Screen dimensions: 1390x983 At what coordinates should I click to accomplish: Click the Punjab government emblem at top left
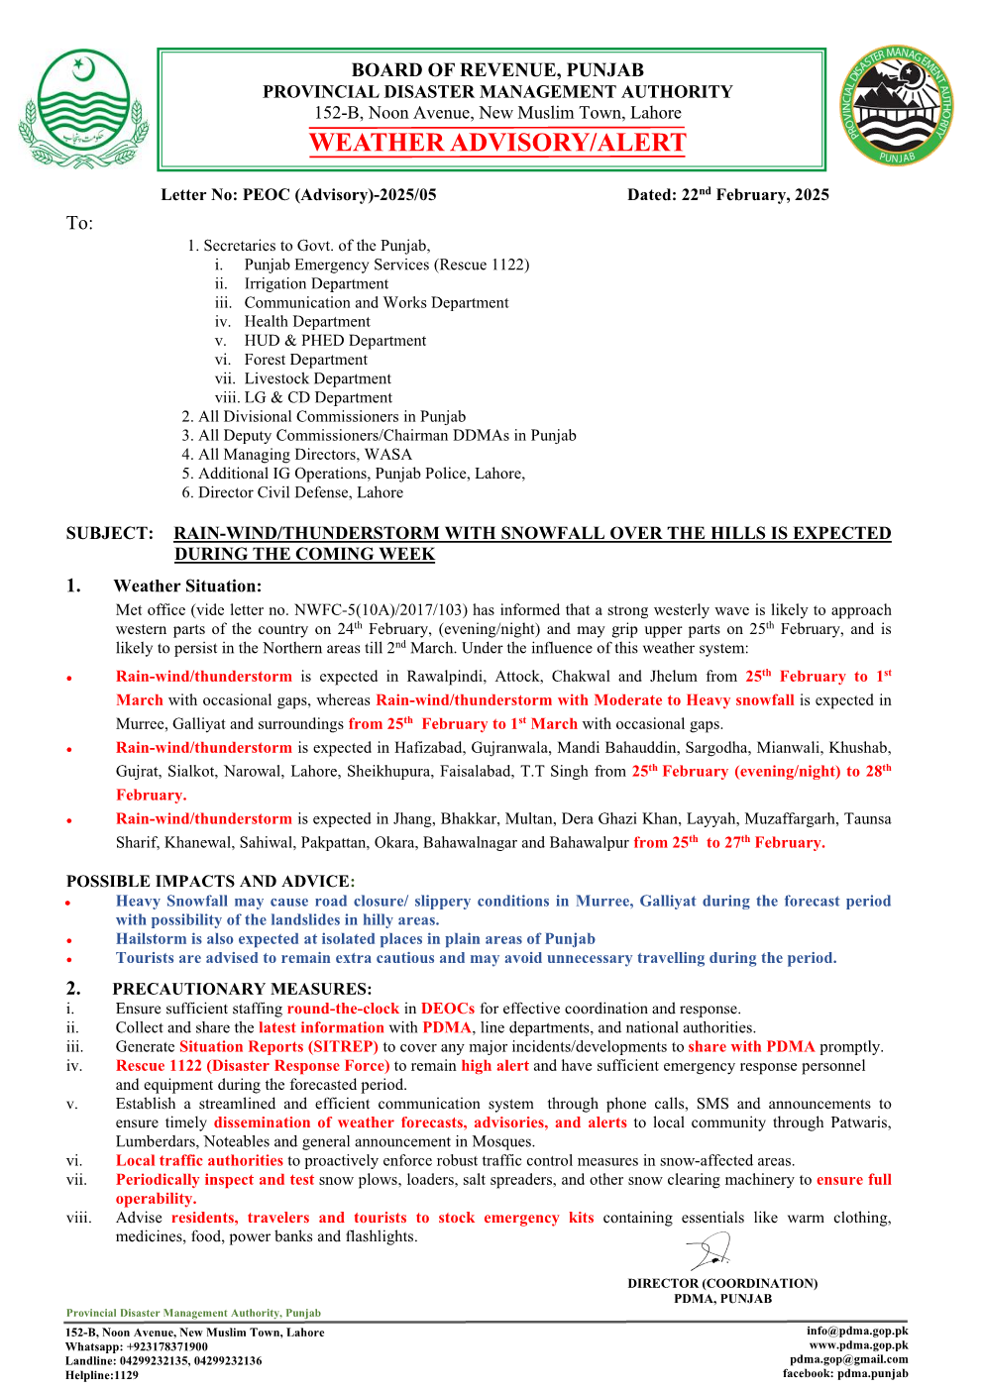coord(83,109)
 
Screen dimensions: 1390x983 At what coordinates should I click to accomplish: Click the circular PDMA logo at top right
coord(897,106)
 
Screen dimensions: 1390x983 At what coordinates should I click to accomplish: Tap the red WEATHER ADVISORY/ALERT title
coord(497,143)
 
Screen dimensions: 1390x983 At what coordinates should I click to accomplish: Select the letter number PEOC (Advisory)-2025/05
coord(298,195)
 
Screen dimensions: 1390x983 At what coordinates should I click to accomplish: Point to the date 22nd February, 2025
coord(727,195)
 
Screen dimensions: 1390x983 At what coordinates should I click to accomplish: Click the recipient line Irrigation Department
coord(316,284)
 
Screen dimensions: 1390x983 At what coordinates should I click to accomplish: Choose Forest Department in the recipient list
coord(305,360)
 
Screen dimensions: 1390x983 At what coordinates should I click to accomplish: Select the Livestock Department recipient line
coord(317,378)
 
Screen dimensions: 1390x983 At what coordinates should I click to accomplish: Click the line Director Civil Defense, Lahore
coord(300,492)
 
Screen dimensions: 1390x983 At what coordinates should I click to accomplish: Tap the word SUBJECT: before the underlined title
coord(110,533)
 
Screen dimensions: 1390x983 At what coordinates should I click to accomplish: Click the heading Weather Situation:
coord(187,587)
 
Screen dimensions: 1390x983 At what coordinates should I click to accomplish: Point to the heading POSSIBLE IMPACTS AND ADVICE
coord(209,881)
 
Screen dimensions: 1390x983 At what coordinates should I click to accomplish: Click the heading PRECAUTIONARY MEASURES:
coord(242,989)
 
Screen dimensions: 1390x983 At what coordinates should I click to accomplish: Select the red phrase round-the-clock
coord(343,1009)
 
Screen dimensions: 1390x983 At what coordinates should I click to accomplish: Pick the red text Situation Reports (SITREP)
coord(278,1046)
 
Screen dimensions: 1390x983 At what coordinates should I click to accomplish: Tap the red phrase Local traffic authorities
coord(199,1160)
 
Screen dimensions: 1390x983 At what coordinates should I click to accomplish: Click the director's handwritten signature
coord(710,1251)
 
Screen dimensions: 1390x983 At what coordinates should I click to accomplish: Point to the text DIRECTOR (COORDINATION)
coord(722,1283)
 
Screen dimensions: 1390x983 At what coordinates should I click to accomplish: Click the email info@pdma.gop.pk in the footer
coord(856,1332)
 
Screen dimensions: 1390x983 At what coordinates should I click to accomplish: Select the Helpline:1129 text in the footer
coord(102,1375)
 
